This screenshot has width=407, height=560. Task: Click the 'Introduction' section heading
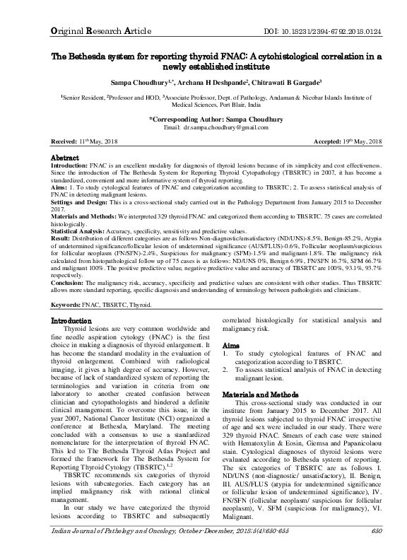(x=71, y=321)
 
